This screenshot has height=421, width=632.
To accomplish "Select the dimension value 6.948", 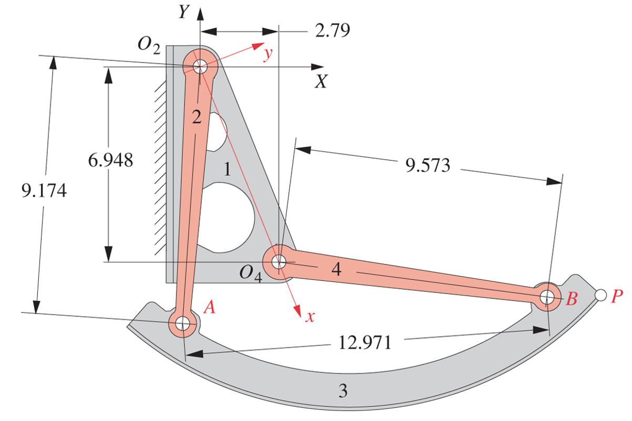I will tap(110, 160).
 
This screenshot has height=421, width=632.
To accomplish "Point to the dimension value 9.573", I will tap(428, 165).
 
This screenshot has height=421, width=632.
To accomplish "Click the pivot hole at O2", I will tap(199, 67).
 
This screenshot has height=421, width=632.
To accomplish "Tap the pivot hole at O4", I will tap(279, 260).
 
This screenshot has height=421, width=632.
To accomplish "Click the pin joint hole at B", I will tap(547, 297).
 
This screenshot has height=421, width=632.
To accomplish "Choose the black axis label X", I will tap(321, 82).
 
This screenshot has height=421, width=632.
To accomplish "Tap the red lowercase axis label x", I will tap(311, 316).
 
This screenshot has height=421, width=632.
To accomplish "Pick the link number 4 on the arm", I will tap(337, 269).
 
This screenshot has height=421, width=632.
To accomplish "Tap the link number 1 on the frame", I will tap(227, 170).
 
